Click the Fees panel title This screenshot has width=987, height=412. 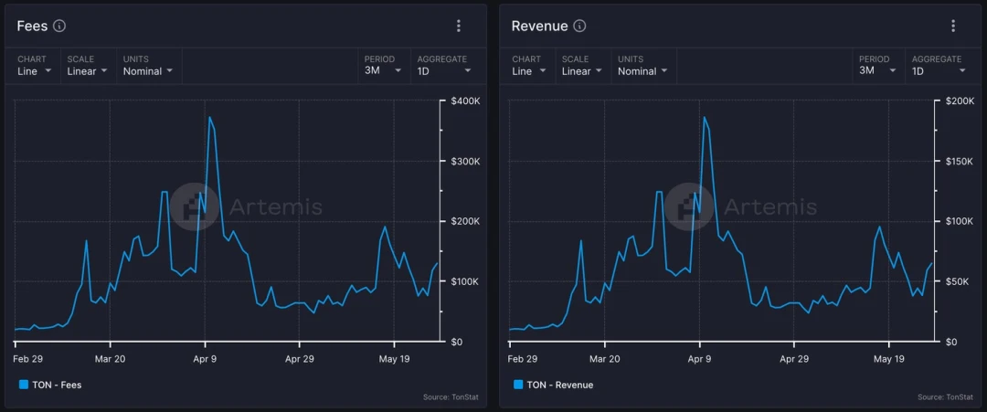[32, 26]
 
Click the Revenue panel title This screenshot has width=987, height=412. [539, 26]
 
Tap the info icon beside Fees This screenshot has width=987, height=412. [59, 26]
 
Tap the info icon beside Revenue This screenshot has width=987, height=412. [579, 26]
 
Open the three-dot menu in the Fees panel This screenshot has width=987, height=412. [459, 26]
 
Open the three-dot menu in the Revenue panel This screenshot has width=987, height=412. [953, 26]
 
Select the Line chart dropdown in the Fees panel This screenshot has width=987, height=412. [35, 70]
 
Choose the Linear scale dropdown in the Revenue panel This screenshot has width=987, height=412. [581, 70]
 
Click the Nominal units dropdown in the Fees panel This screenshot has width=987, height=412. [148, 70]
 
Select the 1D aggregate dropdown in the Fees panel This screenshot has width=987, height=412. [444, 70]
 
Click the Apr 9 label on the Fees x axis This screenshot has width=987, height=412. [205, 359]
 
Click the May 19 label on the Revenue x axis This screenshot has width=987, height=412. [888, 359]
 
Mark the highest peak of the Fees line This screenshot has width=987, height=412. [209, 117]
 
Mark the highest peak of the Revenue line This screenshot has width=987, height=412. [704, 117]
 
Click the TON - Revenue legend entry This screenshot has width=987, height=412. [553, 385]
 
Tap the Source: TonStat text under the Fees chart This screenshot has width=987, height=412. [451, 396]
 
